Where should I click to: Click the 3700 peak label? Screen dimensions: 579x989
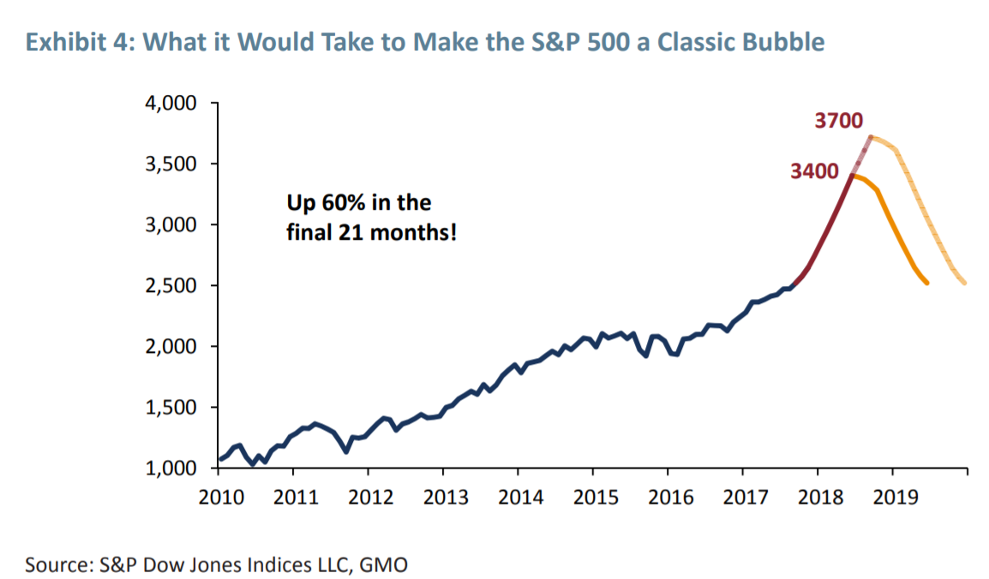click(838, 121)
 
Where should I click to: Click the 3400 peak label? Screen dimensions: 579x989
click(815, 171)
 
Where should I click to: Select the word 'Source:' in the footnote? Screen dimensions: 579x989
click(58, 564)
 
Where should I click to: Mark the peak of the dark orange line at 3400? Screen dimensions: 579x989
click(852, 176)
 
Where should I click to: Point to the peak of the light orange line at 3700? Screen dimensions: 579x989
click(871, 136)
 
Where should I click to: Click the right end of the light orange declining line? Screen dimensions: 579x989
click(966, 284)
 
